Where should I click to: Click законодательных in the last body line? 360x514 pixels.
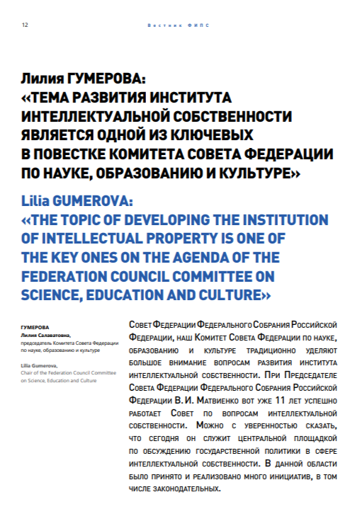point(185,489)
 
